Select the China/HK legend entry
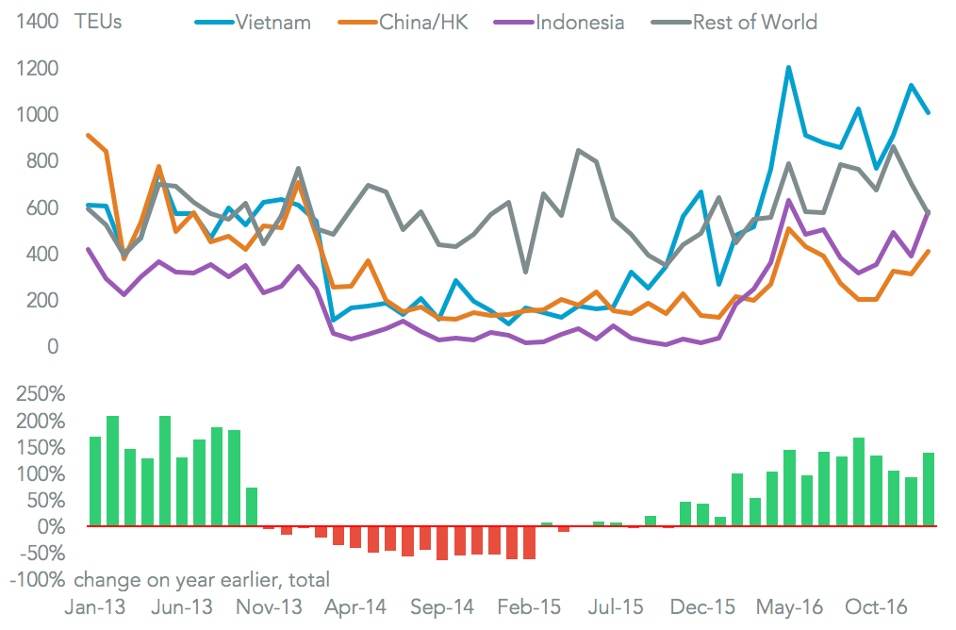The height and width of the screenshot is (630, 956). coord(427,22)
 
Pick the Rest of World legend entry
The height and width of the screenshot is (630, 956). coord(754,22)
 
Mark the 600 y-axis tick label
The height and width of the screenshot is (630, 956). coord(42,207)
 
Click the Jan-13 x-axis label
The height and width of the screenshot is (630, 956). coord(92,608)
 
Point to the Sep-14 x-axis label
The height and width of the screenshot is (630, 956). coord(442,608)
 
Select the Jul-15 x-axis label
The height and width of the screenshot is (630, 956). coord(618,608)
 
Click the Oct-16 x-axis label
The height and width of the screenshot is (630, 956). coord(876,608)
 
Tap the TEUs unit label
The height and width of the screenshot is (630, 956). coord(98,22)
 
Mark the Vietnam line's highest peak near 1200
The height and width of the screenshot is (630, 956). coord(788,68)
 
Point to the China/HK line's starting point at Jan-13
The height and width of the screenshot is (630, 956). coord(89,136)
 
